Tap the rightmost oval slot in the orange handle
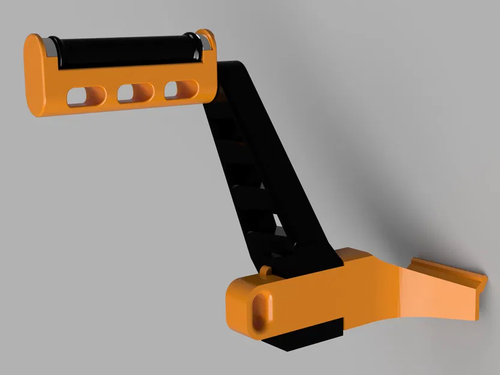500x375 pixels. pos(181,89)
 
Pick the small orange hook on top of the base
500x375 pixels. pos(265,272)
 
